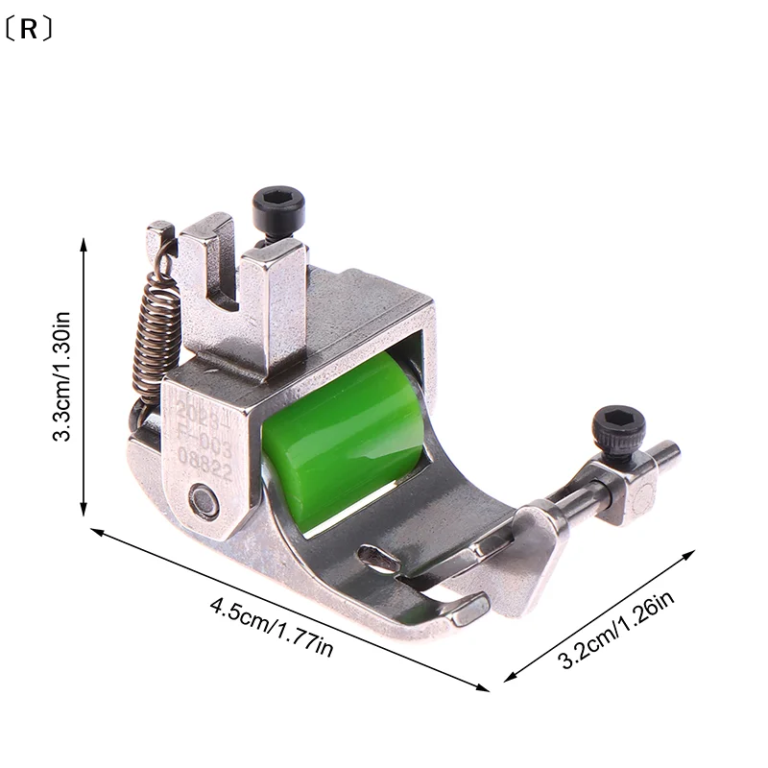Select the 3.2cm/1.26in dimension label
614,629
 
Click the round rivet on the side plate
202,497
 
